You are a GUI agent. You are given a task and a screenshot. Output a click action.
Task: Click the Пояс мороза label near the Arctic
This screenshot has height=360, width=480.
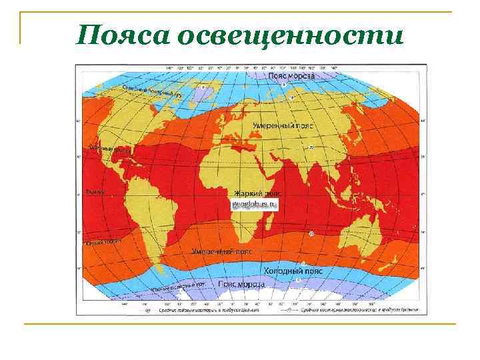pos(291,75)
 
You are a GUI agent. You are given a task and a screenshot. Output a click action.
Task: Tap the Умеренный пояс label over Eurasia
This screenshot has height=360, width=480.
pos(279,125)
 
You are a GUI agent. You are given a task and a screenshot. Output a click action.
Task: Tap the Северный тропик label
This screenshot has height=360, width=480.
pos(106,151)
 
